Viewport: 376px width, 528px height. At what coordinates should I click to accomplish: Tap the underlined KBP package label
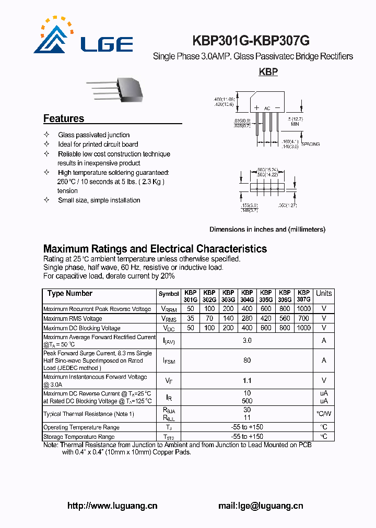268,72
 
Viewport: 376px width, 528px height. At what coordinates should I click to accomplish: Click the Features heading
64,118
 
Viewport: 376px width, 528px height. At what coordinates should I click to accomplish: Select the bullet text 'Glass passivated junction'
94,135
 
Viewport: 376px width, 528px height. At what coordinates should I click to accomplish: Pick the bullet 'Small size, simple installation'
99,200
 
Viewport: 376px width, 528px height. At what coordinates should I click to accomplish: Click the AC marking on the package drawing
267,109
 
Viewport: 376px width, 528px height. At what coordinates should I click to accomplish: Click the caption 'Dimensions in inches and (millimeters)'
267,230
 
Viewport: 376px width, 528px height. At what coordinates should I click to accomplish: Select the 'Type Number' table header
70,294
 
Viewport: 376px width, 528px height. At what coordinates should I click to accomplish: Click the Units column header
324,294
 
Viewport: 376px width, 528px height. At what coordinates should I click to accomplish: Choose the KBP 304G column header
247,296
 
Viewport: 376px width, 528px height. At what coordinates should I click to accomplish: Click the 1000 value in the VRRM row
303,309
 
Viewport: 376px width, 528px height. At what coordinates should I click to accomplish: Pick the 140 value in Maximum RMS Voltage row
228,319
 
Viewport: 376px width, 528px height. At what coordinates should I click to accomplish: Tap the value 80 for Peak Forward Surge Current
247,360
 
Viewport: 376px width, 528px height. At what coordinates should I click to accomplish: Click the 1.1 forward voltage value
247,381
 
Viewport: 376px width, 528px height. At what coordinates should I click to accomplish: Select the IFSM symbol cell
169,360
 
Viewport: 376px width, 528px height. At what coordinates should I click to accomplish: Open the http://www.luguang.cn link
113,506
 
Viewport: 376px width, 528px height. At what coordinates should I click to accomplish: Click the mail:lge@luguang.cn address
261,506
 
